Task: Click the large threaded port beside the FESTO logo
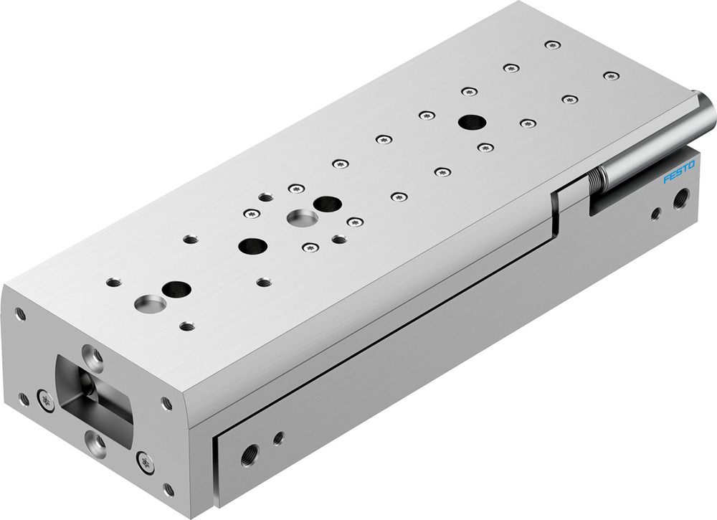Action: [x=681, y=196]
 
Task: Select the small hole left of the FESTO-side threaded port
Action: [x=655, y=213]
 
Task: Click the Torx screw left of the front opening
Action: [x=45, y=399]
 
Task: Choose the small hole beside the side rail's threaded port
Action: [x=278, y=438]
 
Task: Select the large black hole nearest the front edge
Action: [x=176, y=290]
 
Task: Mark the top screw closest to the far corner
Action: [x=552, y=45]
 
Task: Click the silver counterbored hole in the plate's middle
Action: [x=299, y=217]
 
